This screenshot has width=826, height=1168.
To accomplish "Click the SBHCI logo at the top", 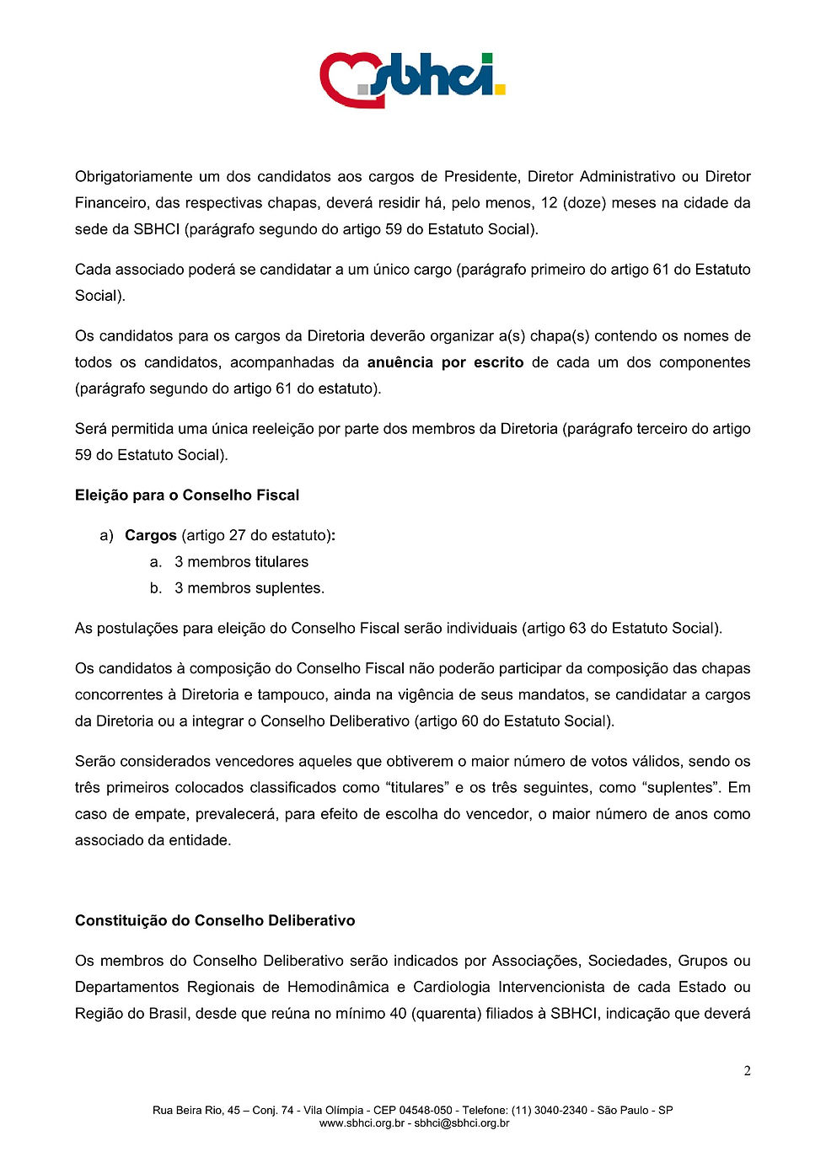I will [412, 79].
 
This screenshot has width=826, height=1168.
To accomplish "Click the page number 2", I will [747, 1071].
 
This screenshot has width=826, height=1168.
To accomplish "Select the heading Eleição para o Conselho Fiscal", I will [187, 496].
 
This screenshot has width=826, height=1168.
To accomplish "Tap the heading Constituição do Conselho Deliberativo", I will [215, 921].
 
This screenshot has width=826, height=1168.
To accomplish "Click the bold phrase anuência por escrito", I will [445, 362].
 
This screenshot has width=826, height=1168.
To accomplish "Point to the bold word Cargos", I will [151, 536].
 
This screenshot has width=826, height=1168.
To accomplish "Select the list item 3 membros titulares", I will [241, 562].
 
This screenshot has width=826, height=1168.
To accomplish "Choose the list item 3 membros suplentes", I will [249, 588].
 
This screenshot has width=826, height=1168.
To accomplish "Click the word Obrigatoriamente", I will [133, 177].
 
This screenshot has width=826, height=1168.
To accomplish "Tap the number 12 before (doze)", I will [549, 203].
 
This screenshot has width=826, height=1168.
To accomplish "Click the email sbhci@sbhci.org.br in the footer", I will [462, 1123].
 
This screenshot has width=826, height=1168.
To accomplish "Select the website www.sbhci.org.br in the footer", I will [362, 1123].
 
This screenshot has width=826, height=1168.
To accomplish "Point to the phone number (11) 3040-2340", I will [550, 1111].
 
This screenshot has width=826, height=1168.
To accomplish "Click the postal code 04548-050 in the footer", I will [426, 1111].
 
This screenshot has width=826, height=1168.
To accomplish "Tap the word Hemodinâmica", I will [338, 988].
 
